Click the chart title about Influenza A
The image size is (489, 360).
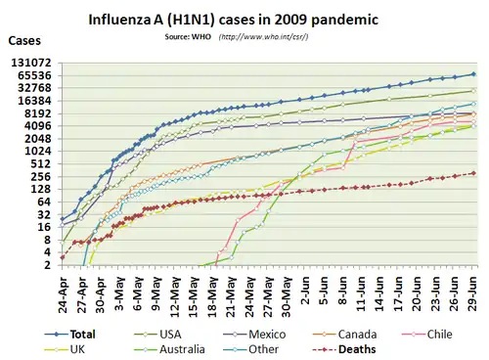click(x=234, y=20)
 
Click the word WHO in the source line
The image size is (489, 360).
click(x=201, y=36)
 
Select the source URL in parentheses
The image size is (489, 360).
click(x=263, y=36)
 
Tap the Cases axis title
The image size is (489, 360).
click(x=24, y=40)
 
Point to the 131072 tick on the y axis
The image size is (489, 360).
click(x=36, y=63)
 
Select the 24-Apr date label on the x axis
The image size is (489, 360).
click(x=63, y=294)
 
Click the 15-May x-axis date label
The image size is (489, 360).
click(x=194, y=294)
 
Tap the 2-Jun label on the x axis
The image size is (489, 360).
click(x=305, y=291)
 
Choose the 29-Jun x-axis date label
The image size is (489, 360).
click(x=473, y=293)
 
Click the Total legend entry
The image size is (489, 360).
click(x=69, y=335)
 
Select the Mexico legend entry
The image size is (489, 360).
click(x=254, y=335)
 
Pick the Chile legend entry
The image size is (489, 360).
click(x=427, y=335)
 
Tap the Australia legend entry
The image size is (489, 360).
click(x=169, y=349)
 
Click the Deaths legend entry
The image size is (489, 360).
click(x=344, y=349)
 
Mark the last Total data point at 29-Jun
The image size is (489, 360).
click(x=473, y=74)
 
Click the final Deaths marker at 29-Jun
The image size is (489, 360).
click(x=473, y=173)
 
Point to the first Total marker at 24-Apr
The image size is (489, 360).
click(x=63, y=219)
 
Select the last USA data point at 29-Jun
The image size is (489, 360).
click(x=473, y=91)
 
